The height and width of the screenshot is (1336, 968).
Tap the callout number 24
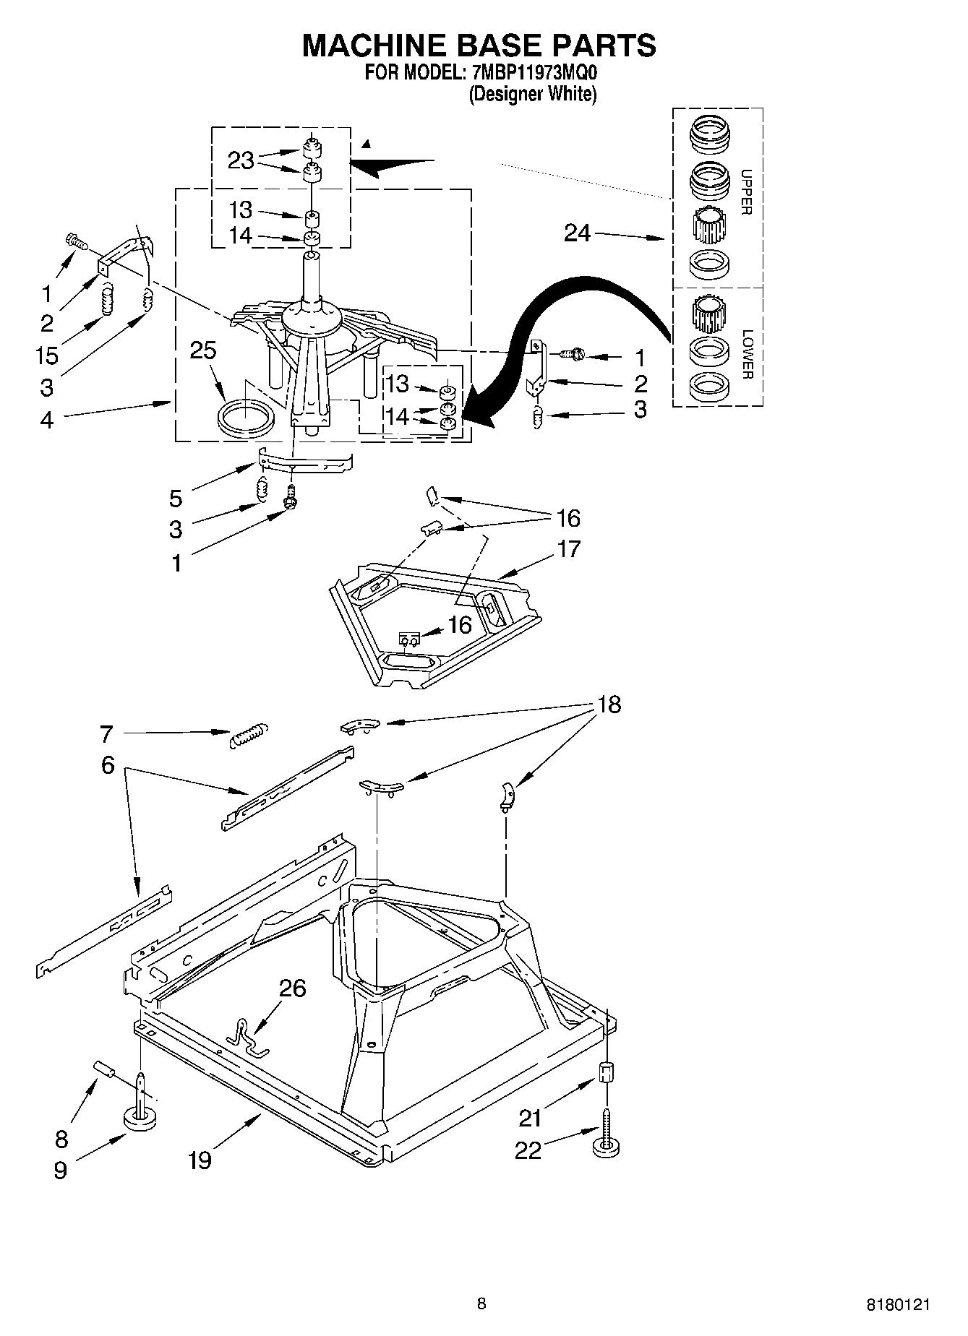coord(577,233)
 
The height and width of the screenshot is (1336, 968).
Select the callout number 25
coord(203,350)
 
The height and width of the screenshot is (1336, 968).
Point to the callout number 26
coord(293,988)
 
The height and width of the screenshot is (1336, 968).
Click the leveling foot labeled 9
coord(140,1119)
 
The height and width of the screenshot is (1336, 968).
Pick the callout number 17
coord(569,549)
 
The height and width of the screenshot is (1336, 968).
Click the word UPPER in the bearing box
coord(747,192)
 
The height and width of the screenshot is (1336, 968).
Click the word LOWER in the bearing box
coord(747,354)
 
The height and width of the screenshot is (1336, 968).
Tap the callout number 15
coord(47,355)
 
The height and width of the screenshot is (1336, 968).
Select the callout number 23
coord(241,160)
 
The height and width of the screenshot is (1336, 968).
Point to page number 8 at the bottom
coord(481,1303)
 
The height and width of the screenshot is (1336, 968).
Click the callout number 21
coord(530,1119)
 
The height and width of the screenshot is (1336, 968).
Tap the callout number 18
coord(609,704)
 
